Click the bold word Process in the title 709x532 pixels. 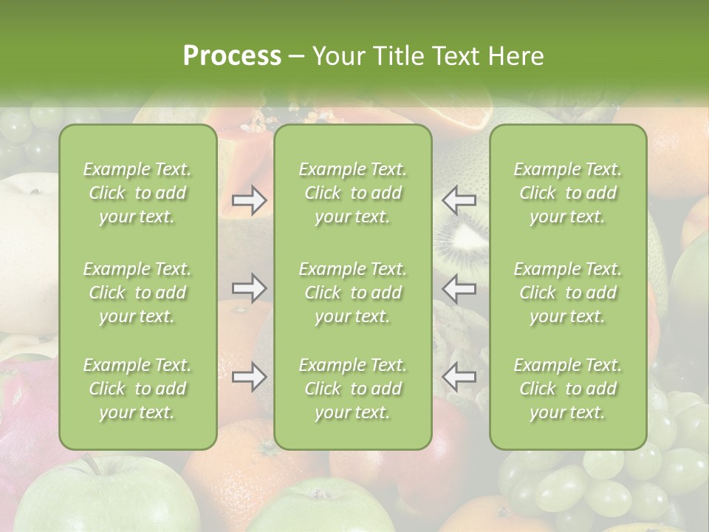point(232,56)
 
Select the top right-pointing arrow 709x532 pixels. point(249,200)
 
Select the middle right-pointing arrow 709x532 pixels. point(249,288)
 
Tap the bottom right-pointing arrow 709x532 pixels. point(249,378)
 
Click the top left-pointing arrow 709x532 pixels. point(459,200)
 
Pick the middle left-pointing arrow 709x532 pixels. point(459,288)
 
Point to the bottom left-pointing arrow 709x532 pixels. point(459,378)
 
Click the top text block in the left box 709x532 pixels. point(137,193)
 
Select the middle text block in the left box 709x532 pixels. point(137,293)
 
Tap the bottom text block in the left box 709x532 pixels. point(137,389)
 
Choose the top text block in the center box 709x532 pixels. point(352,193)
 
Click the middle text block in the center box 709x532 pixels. point(352,293)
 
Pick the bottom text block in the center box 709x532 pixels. point(352,389)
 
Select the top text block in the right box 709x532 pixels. point(567,193)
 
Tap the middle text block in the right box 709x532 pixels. point(567,293)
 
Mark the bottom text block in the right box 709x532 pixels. point(567,389)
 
